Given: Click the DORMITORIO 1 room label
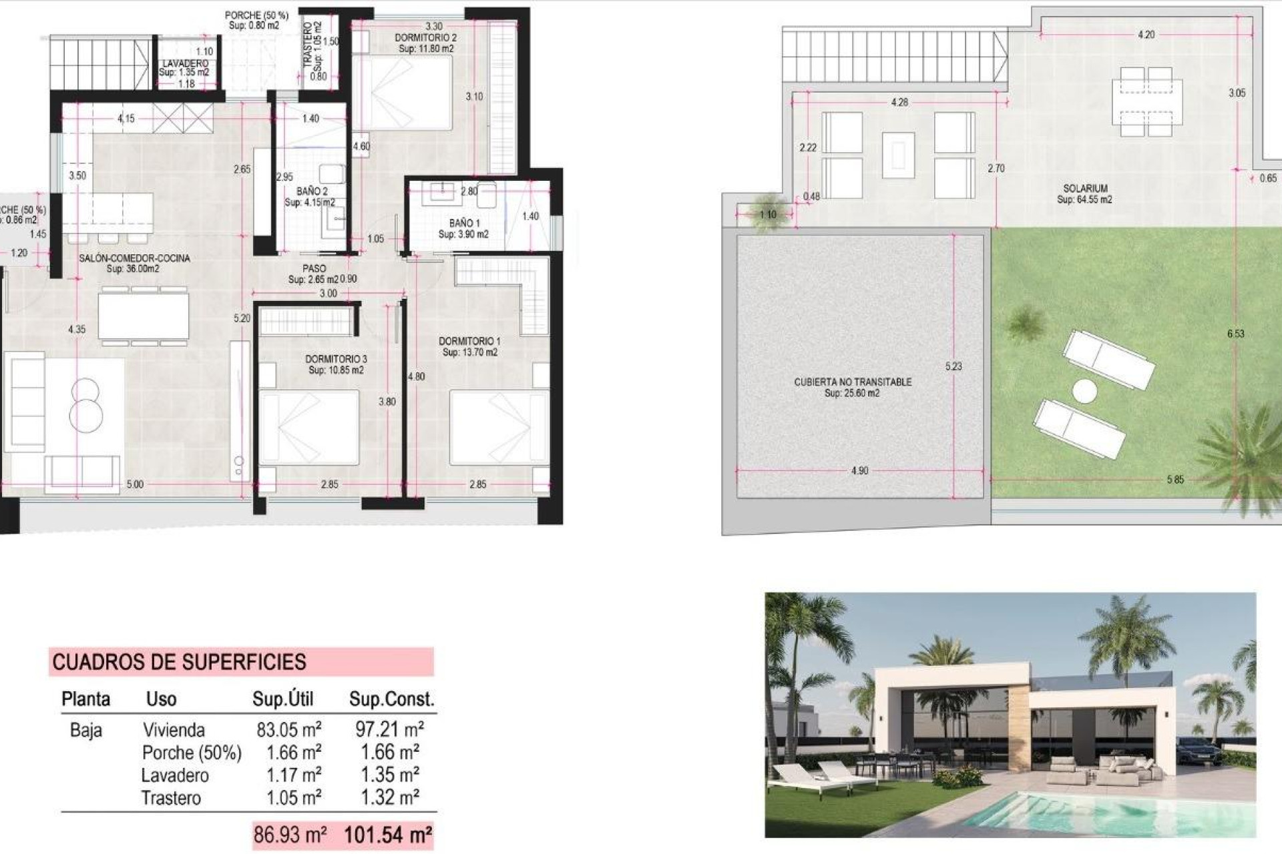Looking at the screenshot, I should click(x=469, y=342).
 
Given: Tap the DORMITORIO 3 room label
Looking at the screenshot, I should click(x=337, y=359).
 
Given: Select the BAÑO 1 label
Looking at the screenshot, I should click(x=464, y=223).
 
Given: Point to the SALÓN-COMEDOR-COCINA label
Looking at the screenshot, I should click(x=134, y=258).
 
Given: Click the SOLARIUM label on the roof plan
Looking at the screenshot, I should click(x=1085, y=189).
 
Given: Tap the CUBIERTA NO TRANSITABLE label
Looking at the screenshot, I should click(x=853, y=382).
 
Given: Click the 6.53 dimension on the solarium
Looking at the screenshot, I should click(x=1235, y=334).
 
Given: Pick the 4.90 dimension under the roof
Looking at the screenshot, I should click(x=859, y=471).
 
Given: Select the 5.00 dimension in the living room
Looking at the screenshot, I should click(x=135, y=484).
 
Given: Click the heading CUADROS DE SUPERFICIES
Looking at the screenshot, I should click(x=179, y=662).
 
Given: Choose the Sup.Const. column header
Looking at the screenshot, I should click(x=391, y=699).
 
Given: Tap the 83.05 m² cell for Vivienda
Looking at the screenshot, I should click(x=289, y=729).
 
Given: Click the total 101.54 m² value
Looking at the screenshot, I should click(x=388, y=835).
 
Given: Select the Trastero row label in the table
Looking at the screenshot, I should click(x=171, y=798).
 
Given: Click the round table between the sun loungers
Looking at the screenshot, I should click(x=1085, y=391).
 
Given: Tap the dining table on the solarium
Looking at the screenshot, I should click(x=1146, y=101).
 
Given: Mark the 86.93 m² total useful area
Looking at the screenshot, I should click(x=290, y=835).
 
